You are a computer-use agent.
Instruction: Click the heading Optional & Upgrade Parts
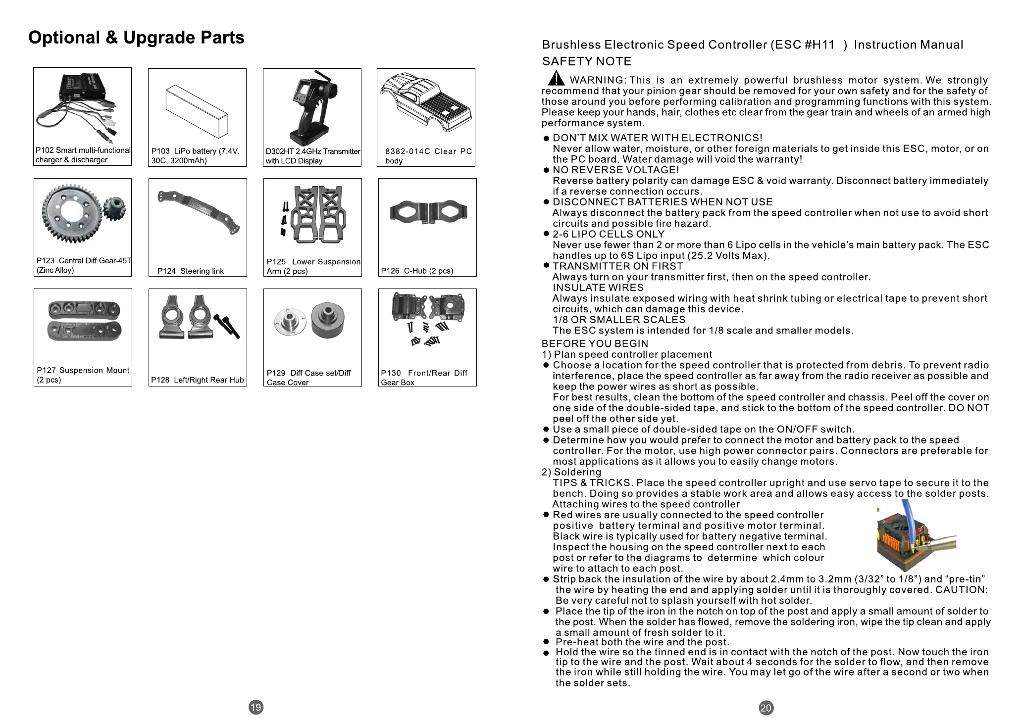[x=136, y=38]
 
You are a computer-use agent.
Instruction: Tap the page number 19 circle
[x=255, y=707]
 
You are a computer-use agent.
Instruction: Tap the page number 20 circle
[x=766, y=708]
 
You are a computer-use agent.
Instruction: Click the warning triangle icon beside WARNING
[x=556, y=78]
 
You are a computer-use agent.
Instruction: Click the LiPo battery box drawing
[x=197, y=111]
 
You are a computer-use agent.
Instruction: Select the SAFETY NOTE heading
[x=587, y=61]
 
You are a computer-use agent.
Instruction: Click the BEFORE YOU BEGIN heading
[x=595, y=343]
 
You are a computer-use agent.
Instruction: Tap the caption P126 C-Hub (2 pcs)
[x=417, y=271]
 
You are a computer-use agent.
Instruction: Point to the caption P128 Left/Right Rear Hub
[x=197, y=380]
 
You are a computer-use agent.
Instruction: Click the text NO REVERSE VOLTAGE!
[x=615, y=170]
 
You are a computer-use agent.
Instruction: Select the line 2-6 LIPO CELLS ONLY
[x=608, y=234]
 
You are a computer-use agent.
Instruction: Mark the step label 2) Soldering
[x=571, y=472]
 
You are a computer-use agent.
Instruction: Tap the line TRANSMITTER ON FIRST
[x=617, y=266]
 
